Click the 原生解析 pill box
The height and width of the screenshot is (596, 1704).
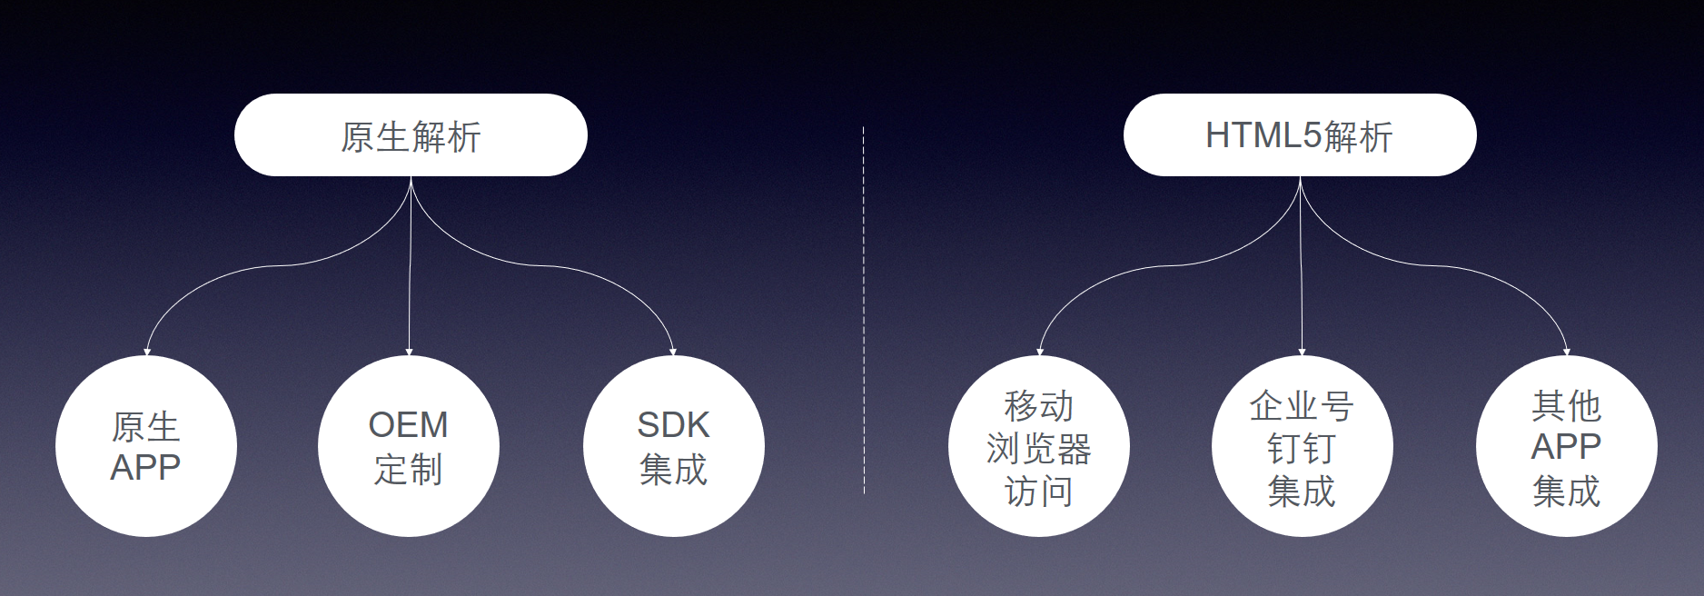click(x=411, y=135)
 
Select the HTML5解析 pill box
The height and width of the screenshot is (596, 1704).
click(x=1299, y=135)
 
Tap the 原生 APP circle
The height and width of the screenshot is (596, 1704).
click(x=146, y=446)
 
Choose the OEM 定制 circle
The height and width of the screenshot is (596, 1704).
click(x=409, y=446)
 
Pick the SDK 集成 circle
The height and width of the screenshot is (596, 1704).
click(x=673, y=446)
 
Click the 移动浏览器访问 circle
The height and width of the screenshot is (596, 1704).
click(x=1038, y=446)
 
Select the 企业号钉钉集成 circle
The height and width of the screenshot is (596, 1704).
click(x=1302, y=446)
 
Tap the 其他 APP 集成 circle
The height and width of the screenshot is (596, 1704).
click(x=1566, y=446)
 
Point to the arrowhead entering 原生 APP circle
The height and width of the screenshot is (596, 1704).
click(x=147, y=352)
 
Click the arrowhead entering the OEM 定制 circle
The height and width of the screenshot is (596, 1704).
click(x=409, y=352)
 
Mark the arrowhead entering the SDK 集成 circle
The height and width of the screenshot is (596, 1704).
click(x=673, y=352)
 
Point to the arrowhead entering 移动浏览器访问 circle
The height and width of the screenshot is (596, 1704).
click(x=1040, y=352)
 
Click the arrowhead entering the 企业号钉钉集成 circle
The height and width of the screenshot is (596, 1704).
click(x=1302, y=352)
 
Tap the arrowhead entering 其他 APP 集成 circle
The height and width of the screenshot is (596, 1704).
click(x=1566, y=352)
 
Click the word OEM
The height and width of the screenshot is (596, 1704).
click(x=408, y=424)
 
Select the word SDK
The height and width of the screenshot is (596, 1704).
click(x=673, y=424)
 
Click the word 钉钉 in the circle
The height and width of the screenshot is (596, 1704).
click(x=1302, y=448)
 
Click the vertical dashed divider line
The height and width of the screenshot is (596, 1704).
click(x=863, y=309)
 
